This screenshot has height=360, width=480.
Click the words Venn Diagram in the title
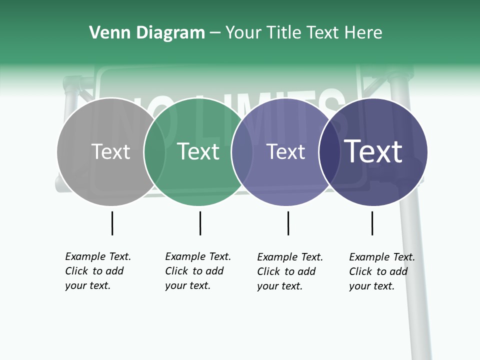[147, 33]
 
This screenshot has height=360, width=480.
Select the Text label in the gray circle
[111, 151]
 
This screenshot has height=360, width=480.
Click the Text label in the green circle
[198, 151]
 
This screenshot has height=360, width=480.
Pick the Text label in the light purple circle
[285, 151]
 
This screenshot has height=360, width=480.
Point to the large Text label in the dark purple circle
[373, 151]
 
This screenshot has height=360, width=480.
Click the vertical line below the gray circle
[112, 223]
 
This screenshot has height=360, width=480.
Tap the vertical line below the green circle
[200, 223]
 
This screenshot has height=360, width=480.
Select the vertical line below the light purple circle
[288, 223]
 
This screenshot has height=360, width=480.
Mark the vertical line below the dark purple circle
[372, 223]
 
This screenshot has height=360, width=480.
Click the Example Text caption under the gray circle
[98, 271]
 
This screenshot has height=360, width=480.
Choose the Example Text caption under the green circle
[198, 271]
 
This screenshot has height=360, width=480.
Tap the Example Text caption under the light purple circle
[290, 271]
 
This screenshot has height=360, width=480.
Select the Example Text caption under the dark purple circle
[382, 271]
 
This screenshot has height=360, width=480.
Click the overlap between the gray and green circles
[154, 152]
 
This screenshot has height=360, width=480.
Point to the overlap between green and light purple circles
[242, 152]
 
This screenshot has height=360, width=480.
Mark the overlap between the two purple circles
[329, 152]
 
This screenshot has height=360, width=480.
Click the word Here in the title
[364, 33]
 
